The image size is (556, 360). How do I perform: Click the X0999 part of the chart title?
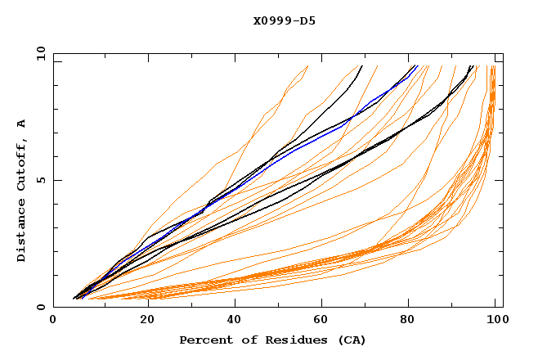[269, 21]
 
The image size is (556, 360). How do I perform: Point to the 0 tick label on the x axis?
[53, 321]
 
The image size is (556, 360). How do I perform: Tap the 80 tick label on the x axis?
[410, 321]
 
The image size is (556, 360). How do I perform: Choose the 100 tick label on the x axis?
[495, 321]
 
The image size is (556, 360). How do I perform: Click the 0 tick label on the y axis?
[41, 308]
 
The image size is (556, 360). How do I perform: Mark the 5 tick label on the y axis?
[41, 180]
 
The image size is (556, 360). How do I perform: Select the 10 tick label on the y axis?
[38, 53]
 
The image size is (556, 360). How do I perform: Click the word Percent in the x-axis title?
[204, 340]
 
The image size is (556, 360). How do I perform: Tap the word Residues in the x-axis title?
[287, 340]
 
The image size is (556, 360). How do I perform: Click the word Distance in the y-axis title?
[22, 232]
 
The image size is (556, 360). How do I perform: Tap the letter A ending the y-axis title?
[22, 123]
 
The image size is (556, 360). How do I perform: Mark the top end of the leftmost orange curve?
[307, 66]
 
